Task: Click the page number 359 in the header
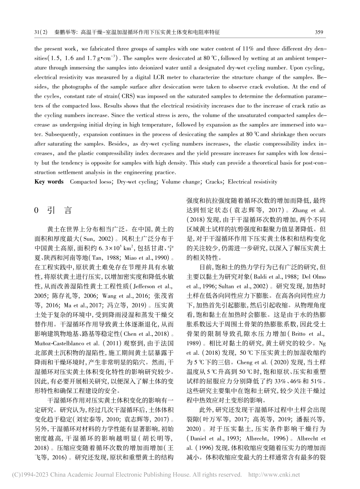(x=319, y=33)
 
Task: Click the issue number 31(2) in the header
(x=41, y=33)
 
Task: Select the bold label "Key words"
(x=49, y=182)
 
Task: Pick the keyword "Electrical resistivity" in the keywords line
(x=253, y=182)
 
